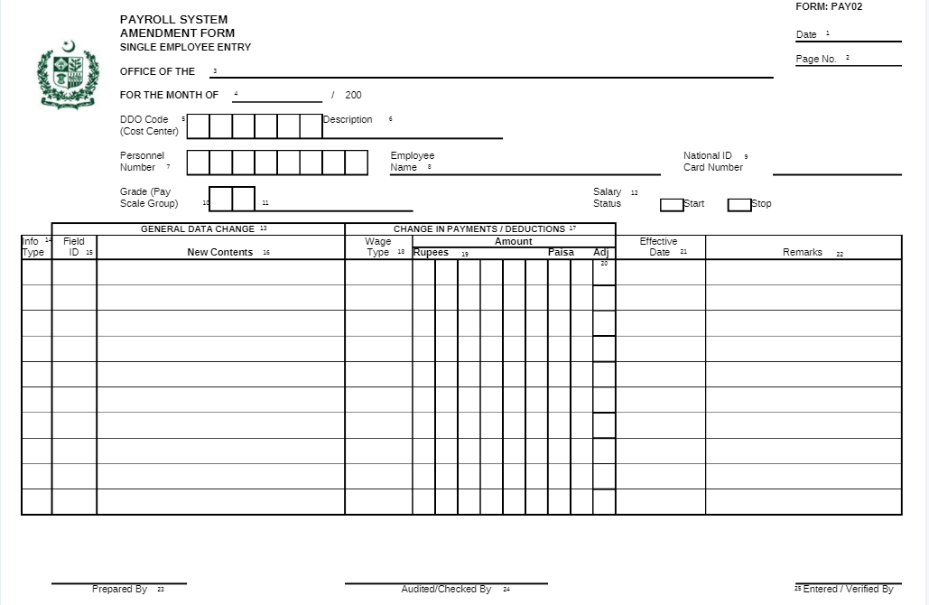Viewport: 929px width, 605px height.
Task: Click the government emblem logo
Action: (66, 75)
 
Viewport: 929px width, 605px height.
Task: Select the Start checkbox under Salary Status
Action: (672, 205)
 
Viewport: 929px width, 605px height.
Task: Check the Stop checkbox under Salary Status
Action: (739, 205)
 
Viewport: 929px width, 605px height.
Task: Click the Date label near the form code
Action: (806, 35)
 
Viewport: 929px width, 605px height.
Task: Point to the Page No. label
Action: (816, 60)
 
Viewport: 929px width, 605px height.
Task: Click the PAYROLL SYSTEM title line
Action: (173, 20)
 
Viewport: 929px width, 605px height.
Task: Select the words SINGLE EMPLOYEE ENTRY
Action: (185, 47)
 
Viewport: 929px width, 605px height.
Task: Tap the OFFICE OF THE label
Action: (157, 71)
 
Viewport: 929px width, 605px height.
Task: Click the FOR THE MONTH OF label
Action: (169, 95)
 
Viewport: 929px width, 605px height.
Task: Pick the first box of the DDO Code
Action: (199, 126)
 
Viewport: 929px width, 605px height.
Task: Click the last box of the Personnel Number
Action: (357, 163)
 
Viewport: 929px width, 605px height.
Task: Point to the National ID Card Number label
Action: (712, 162)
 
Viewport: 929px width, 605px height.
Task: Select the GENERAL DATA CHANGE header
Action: (198, 229)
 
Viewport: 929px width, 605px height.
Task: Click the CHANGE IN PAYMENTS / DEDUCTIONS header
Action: (478, 229)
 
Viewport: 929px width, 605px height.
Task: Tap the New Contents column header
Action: (219, 253)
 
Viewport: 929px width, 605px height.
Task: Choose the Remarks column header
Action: (803, 253)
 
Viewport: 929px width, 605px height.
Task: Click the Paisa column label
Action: (561, 253)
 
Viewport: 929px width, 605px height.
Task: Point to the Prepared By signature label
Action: (119, 590)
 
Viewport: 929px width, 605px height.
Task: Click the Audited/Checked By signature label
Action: (446, 590)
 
